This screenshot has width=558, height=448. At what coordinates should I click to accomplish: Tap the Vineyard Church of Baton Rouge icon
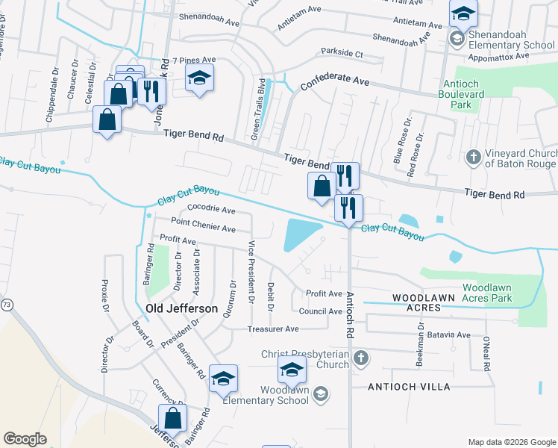point(472,158)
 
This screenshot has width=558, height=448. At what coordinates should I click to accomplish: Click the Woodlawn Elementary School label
point(284,394)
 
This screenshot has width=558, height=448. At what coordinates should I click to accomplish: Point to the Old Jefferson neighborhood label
point(181,308)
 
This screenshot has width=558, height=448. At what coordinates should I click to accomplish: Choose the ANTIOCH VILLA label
point(410,387)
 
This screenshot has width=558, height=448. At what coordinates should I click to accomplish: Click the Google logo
point(25,439)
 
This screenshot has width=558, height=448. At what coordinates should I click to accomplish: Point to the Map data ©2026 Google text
point(511,442)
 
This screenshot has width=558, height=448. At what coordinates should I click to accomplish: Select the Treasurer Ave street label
point(273,329)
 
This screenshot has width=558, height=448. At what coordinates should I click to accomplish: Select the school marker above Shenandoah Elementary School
point(463,14)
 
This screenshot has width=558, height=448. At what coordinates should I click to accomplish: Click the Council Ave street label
point(320,311)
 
